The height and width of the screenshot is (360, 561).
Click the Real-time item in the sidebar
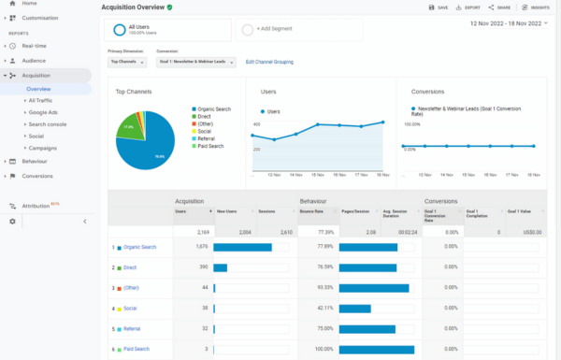click(35, 45)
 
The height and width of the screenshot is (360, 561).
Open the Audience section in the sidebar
click(34, 60)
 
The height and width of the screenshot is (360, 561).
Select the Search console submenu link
click(48, 123)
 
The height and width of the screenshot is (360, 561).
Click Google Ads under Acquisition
click(44, 111)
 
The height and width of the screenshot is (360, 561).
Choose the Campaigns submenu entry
click(43, 148)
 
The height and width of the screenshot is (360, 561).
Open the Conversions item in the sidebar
click(37, 176)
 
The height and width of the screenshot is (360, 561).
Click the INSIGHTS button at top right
click(537, 7)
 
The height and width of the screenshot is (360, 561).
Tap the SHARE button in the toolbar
click(500, 7)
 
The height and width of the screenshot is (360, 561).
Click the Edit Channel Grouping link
click(270, 62)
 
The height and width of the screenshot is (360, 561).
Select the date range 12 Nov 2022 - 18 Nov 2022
click(504, 22)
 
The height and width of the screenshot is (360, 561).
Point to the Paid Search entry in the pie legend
click(211, 146)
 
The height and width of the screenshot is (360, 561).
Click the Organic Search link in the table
click(140, 247)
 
